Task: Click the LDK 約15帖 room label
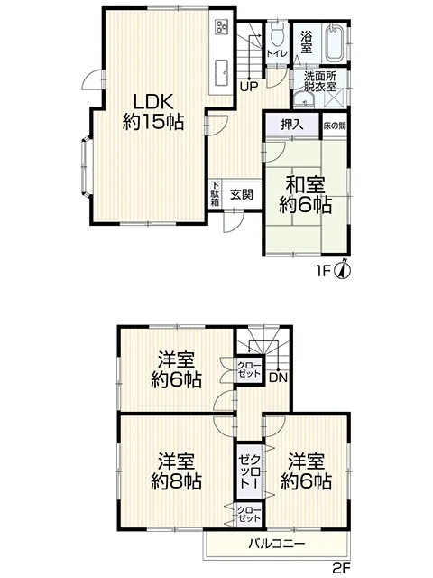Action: pyautogui.click(x=153, y=112)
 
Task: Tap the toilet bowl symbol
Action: pyautogui.click(x=277, y=35)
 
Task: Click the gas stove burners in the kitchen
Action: pyautogui.click(x=222, y=26)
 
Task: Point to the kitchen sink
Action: pyautogui.click(x=222, y=71)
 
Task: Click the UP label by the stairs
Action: pyautogui.click(x=249, y=87)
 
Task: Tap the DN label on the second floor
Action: pyautogui.click(x=278, y=378)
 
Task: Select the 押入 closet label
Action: pyautogui.click(x=292, y=125)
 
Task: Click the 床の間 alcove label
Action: pyautogui.click(x=335, y=126)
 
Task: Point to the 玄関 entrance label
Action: pyautogui.click(x=242, y=194)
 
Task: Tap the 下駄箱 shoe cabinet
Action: pyautogui.click(x=215, y=194)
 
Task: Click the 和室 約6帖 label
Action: pyautogui.click(x=306, y=195)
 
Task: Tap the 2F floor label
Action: pyautogui.click(x=341, y=567)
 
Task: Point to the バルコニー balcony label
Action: pyautogui.click(x=276, y=544)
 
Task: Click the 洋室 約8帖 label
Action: pyautogui.click(x=176, y=471)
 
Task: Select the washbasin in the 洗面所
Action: pyautogui.click(x=304, y=98)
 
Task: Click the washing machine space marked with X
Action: pyautogui.click(x=336, y=98)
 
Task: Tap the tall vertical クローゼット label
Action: pyautogui.click(x=250, y=471)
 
